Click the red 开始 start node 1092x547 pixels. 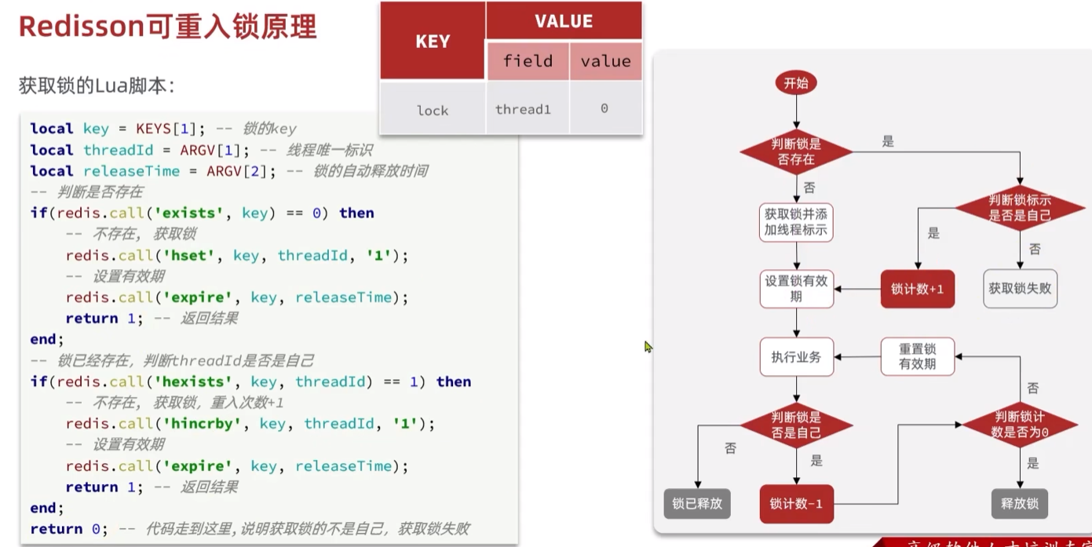[x=796, y=82]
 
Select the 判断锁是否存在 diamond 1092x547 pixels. [x=796, y=151]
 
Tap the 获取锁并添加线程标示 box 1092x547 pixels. [x=796, y=222]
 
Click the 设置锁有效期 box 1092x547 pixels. [x=796, y=289]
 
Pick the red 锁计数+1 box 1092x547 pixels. [x=917, y=289]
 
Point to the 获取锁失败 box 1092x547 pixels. [x=1020, y=289]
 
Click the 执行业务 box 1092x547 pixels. [x=796, y=357]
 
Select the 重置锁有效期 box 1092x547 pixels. [x=917, y=357]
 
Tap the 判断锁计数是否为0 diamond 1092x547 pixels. [x=1020, y=425]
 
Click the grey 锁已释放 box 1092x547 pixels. [x=697, y=503]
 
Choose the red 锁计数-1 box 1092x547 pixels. [x=796, y=504]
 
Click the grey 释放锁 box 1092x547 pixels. [x=1020, y=503]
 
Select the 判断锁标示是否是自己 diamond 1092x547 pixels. [x=1020, y=208]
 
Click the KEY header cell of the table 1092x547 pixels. [x=433, y=42]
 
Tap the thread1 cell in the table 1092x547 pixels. [x=523, y=109]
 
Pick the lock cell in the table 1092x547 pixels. [x=433, y=110]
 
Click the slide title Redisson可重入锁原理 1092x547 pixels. [x=167, y=27]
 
